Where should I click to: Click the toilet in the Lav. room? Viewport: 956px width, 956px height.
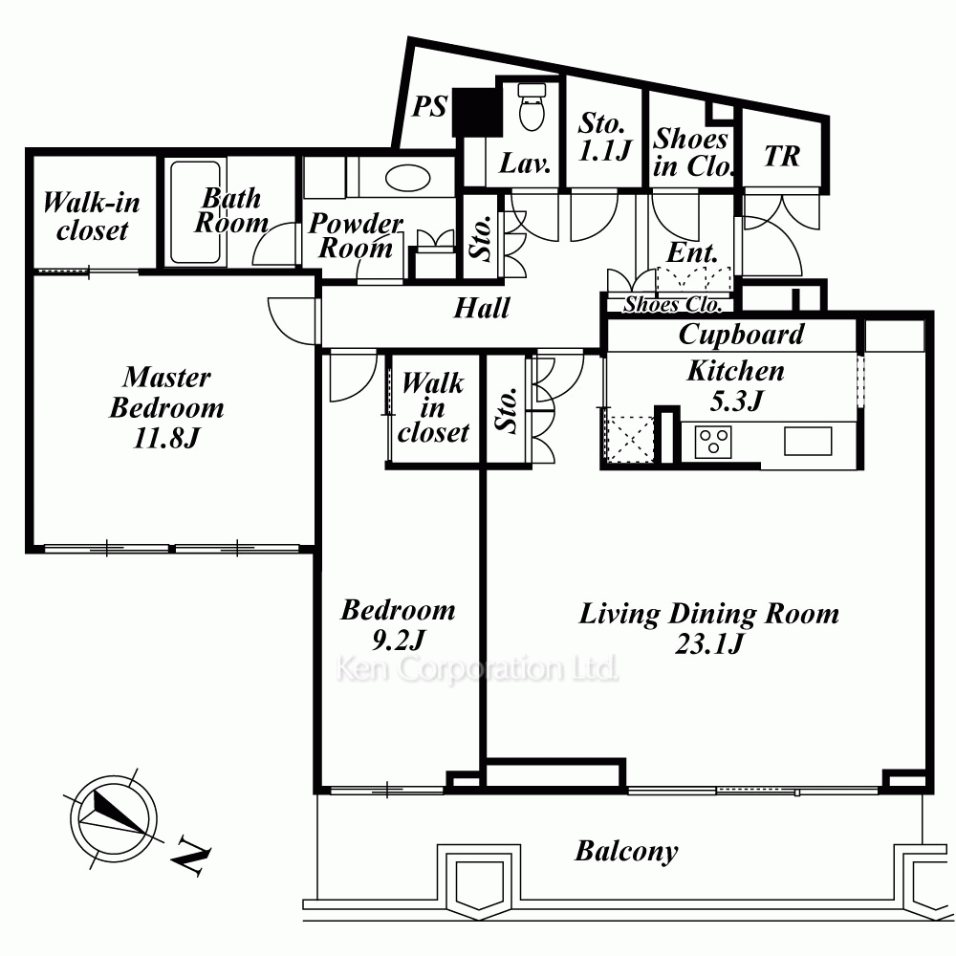click(532, 107)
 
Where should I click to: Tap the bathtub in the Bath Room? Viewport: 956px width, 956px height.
click(195, 212)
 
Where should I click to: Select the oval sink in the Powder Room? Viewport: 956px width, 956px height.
click(408, 179)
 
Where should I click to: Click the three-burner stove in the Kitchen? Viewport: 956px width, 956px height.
click(713, 442)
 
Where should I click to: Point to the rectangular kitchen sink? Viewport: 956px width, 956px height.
click(808, 441)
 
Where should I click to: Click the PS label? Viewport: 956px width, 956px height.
click(430, 107)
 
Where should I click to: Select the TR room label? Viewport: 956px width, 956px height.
click(782, 156)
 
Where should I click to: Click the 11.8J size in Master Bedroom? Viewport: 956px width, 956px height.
click(165, 438)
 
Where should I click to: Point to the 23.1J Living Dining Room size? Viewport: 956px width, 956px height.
click(709, 643)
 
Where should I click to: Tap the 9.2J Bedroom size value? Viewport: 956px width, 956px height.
click(398, 640)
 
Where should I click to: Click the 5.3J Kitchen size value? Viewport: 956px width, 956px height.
click(736, 401)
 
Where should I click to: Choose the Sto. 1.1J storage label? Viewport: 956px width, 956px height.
click(604, 137)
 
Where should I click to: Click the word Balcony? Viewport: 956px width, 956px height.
click(626, 851)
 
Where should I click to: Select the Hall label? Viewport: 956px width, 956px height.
click(482, 308)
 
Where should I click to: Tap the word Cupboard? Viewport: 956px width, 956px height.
click(742, 335)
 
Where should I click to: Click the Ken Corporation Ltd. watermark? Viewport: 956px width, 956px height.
click(477, 669)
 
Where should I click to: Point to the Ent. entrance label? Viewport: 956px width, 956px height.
click(692, 252)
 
